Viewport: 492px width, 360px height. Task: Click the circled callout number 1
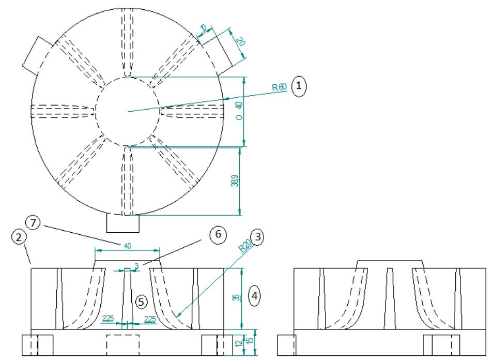pos(299,84)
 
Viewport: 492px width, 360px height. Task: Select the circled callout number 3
pos(257,237)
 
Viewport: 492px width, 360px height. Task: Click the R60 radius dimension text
pos(279,87)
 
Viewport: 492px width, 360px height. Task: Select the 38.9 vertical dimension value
pos(235,182)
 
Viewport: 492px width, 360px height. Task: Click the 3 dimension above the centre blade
pos(136,265)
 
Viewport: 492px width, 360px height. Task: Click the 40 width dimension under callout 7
pos(127,246)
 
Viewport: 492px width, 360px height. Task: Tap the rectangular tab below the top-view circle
pos(123,223)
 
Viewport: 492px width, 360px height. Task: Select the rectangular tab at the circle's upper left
pos(36,54)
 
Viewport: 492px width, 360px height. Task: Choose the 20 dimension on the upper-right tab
pos(240,42)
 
